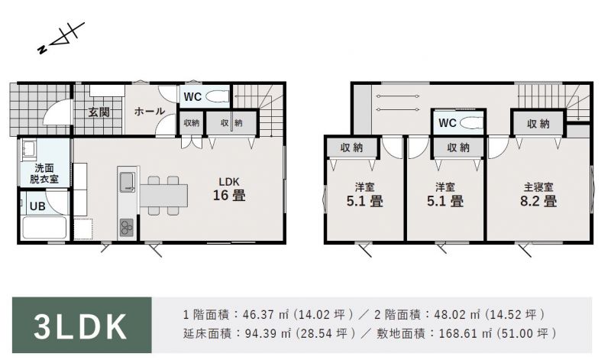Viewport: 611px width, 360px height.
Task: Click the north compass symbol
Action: click(61, 37)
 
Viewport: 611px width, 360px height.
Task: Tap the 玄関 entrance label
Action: click(99, 112)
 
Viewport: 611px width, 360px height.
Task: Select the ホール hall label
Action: click(150, 112)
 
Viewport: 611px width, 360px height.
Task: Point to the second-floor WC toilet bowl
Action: click(470, 123)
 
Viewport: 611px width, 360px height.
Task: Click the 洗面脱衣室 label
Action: click(44, 174)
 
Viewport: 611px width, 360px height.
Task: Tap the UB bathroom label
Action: click(37, 206)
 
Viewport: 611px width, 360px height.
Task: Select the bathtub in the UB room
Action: click(44, 227)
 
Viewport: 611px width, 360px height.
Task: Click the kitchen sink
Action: click(127, 182)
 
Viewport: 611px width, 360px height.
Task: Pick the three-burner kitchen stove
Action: click(127, 228)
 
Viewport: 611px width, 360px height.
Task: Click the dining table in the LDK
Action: click(163, 196)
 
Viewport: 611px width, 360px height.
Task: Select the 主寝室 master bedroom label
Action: click(538, 187)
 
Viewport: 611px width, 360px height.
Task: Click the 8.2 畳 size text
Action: click(538, 201)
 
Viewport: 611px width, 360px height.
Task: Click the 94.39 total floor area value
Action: click(261, 333)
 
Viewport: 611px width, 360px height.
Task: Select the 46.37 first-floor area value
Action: click(259, 314)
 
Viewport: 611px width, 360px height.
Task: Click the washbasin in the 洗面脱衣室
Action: click(28, 150)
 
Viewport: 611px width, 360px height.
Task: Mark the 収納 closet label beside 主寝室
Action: click(538, 124)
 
